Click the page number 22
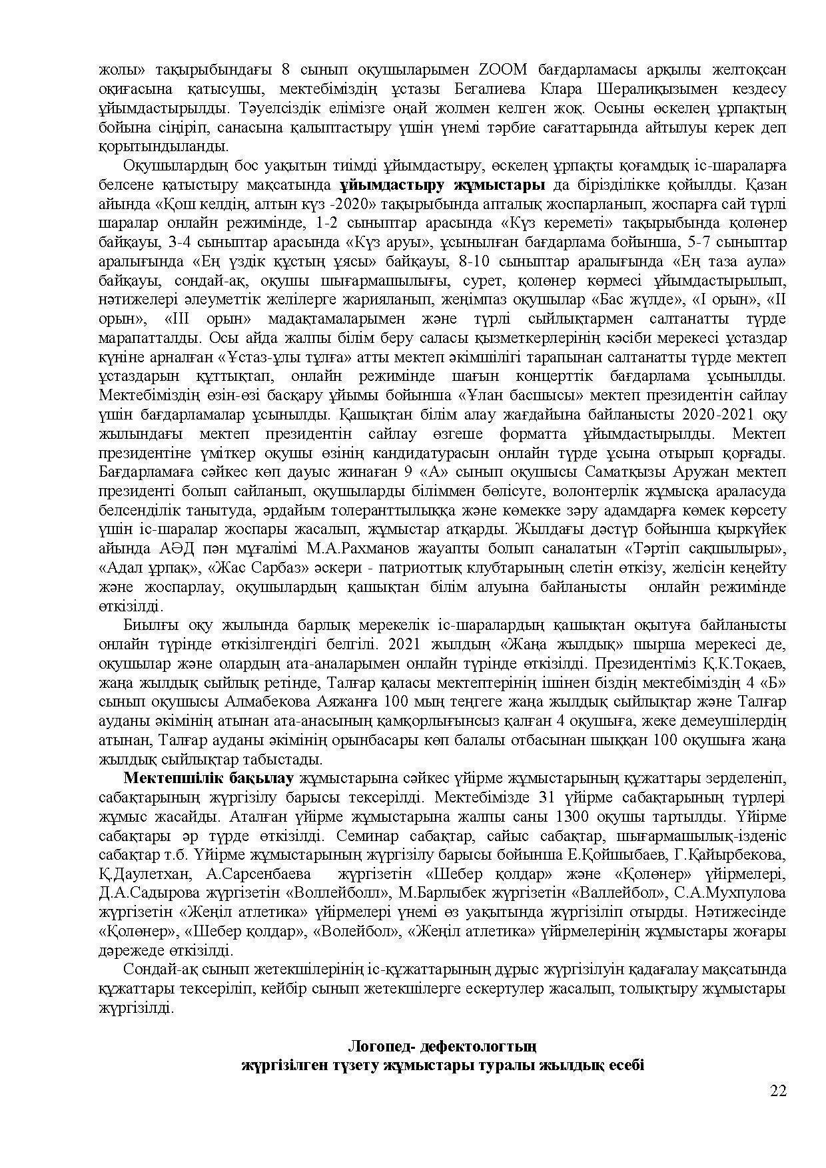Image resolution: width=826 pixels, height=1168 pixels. coord(778,1091)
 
